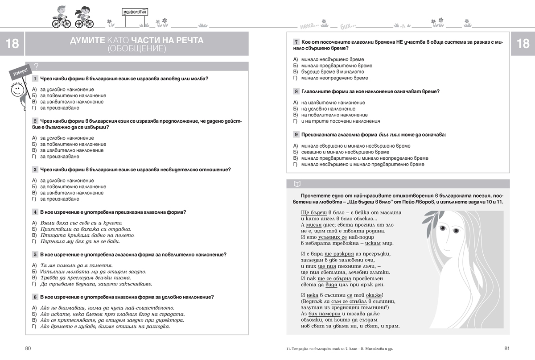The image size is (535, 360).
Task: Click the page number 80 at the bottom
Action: point(28,348)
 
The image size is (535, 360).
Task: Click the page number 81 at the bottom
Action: point(507,348)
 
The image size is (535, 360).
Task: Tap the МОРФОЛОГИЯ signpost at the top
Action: point(134,14)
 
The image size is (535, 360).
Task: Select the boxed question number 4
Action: point(35,212)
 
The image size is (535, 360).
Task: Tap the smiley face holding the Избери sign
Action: point(16,90)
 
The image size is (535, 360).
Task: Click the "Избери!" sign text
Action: point(21,72)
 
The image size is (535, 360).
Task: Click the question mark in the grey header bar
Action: point(36,66)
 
